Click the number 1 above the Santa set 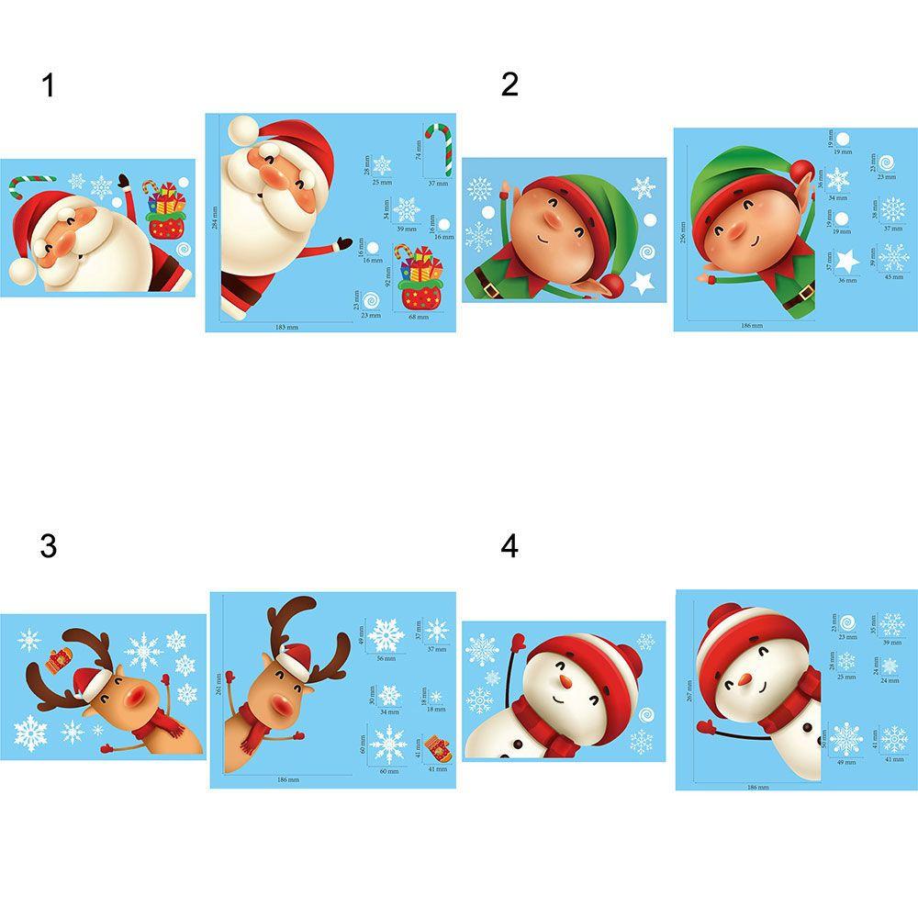click(49, 86)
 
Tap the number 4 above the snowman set click(509, 546)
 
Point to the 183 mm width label click(287, 326)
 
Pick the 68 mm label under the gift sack click(418, 317)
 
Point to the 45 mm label click(893, 277)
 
